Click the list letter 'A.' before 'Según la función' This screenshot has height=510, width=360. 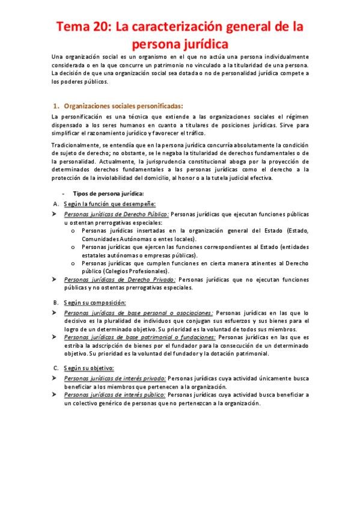[x=55, y=204]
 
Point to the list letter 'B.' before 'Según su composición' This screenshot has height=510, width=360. [x=55, y=302]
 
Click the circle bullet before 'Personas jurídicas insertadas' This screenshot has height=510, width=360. [x=73, y=230]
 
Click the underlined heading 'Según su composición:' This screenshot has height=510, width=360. [x=91, y=302]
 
